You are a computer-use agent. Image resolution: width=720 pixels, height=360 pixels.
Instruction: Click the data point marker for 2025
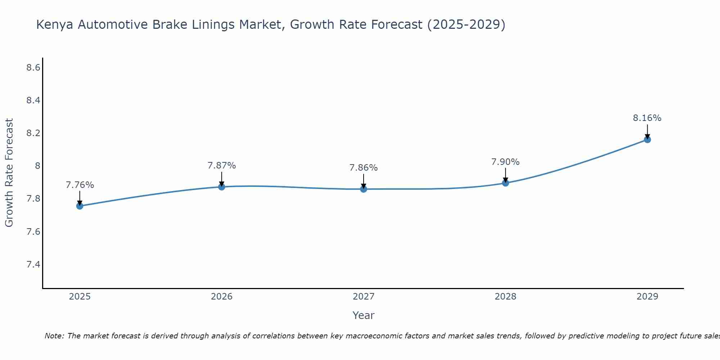(x=80, y=206)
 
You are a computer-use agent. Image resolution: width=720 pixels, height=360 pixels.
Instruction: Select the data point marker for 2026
(x=222, y=187)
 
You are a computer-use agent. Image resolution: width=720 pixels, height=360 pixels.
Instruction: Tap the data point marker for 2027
(x=364, y=189)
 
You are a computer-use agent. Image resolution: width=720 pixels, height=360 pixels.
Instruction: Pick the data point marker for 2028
(x=505, y=183)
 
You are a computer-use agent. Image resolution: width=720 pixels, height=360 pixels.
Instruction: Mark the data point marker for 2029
(x=647, y=139)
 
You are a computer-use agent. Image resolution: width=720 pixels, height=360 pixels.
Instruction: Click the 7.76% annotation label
(x=80, y=185)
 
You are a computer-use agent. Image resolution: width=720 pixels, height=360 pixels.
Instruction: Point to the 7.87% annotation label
(x=222, y=166)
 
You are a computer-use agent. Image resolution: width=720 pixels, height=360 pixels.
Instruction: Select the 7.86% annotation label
(x=364, y=168)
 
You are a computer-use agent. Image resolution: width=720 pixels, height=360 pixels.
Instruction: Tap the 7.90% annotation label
(x=505, y=162)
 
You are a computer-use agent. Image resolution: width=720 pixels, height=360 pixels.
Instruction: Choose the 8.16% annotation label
(x=647, y=118)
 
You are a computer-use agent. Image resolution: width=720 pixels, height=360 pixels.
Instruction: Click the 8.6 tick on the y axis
(x=33, y=67)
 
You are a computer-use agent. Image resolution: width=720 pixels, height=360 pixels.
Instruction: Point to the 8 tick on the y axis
(x=37, y=166)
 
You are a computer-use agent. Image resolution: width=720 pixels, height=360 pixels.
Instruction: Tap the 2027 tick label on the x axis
(x=364, y=297)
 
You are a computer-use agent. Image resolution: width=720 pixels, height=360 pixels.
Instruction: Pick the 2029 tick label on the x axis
(x=647, y=297)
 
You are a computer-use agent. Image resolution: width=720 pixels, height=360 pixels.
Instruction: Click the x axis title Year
(x=364, y=315)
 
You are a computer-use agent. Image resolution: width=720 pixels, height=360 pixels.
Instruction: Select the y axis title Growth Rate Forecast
(x=9, y=173)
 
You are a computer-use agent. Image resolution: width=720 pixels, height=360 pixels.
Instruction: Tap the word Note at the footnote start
(x=54, y=336)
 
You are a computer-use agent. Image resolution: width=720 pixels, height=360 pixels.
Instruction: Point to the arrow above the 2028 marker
(x=505, y=175)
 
